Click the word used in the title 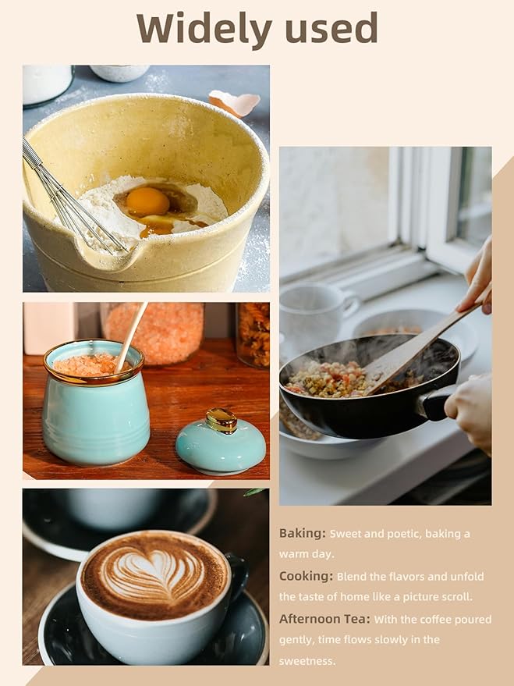point(331,27)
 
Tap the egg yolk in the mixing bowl point(147,201)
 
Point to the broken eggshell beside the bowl point(234,103)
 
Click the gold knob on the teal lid point(222,421)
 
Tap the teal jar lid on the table point(221,443)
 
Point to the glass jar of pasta point(253,335)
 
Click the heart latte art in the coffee point(154,573)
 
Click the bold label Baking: point(303,534)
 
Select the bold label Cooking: point(306,576)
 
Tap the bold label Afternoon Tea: point(324,619)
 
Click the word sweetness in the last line point(307,661)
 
